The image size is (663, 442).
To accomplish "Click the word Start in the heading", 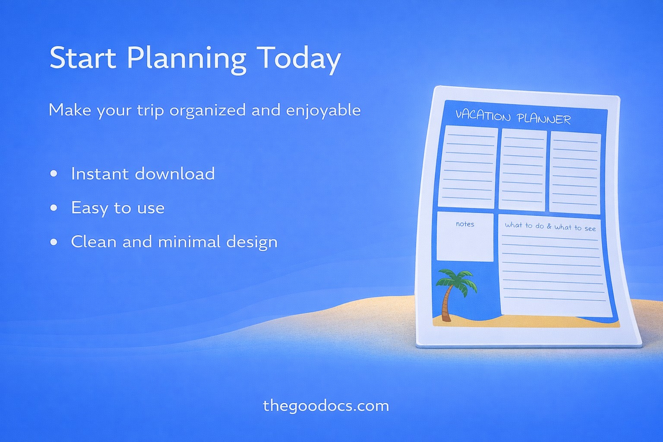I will tap(82, 58).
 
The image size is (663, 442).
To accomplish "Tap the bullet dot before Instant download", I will tap(54, 174).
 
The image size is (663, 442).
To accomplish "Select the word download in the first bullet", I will tap(175, 174).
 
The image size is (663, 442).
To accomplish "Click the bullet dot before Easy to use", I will tap(54, 208).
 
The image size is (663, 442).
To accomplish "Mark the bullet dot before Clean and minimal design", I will tap(54, 242).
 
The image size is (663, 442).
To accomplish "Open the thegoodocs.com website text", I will tap(326, 406).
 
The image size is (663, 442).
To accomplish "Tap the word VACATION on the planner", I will tap(483, 115).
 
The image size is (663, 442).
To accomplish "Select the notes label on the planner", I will tap(465, 224).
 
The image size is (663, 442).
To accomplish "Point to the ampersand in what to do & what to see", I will tap(549, 226).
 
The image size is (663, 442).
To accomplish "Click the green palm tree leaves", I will tap(457, 280).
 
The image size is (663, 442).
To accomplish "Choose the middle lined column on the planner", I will tap(522, 170).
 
